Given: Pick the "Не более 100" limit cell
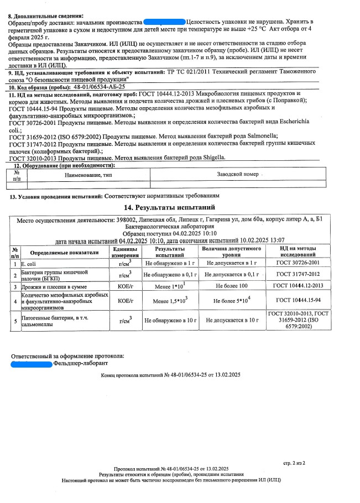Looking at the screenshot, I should (231, 286).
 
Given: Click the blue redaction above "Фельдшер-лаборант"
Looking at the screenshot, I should (31, 363).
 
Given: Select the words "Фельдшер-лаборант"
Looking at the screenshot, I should (80, 363).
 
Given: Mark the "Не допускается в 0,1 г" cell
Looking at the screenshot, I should (231, 275).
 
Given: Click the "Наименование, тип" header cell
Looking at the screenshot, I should (88, 174).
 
